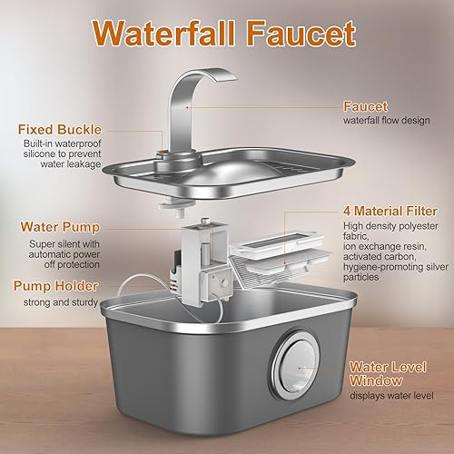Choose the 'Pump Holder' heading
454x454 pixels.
coord(56,285)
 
